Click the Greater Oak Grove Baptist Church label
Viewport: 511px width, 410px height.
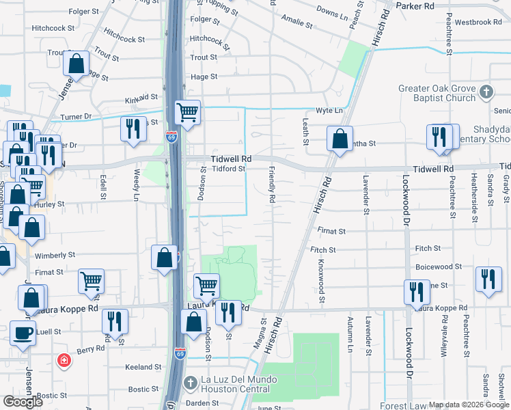tap(437, 93)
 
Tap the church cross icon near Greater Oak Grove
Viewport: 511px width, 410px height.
tap(486, 91)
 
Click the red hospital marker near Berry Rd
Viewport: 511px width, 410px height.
tap(64, 359)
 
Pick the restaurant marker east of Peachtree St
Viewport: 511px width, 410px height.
tap(488, 279)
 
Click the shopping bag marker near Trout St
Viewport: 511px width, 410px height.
tap(77, 64)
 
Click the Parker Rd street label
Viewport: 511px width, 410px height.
tap(415, 5)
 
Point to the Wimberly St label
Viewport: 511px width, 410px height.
tap(55, 255)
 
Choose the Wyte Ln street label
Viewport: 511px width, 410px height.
tap(329, 111)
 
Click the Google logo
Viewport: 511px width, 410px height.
tap(23, 401)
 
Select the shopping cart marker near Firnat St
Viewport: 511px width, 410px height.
tap(90, 281)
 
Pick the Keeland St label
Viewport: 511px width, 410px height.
tap(143, 367)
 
